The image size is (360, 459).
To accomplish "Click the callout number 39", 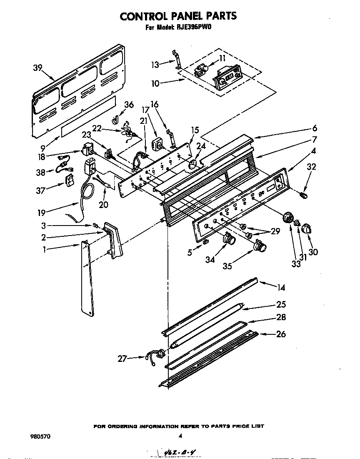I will (37, 68).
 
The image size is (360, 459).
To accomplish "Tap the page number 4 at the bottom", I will (180, 436).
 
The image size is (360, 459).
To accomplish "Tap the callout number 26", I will (281, 334).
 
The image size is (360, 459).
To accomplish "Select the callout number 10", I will (155, 83).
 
